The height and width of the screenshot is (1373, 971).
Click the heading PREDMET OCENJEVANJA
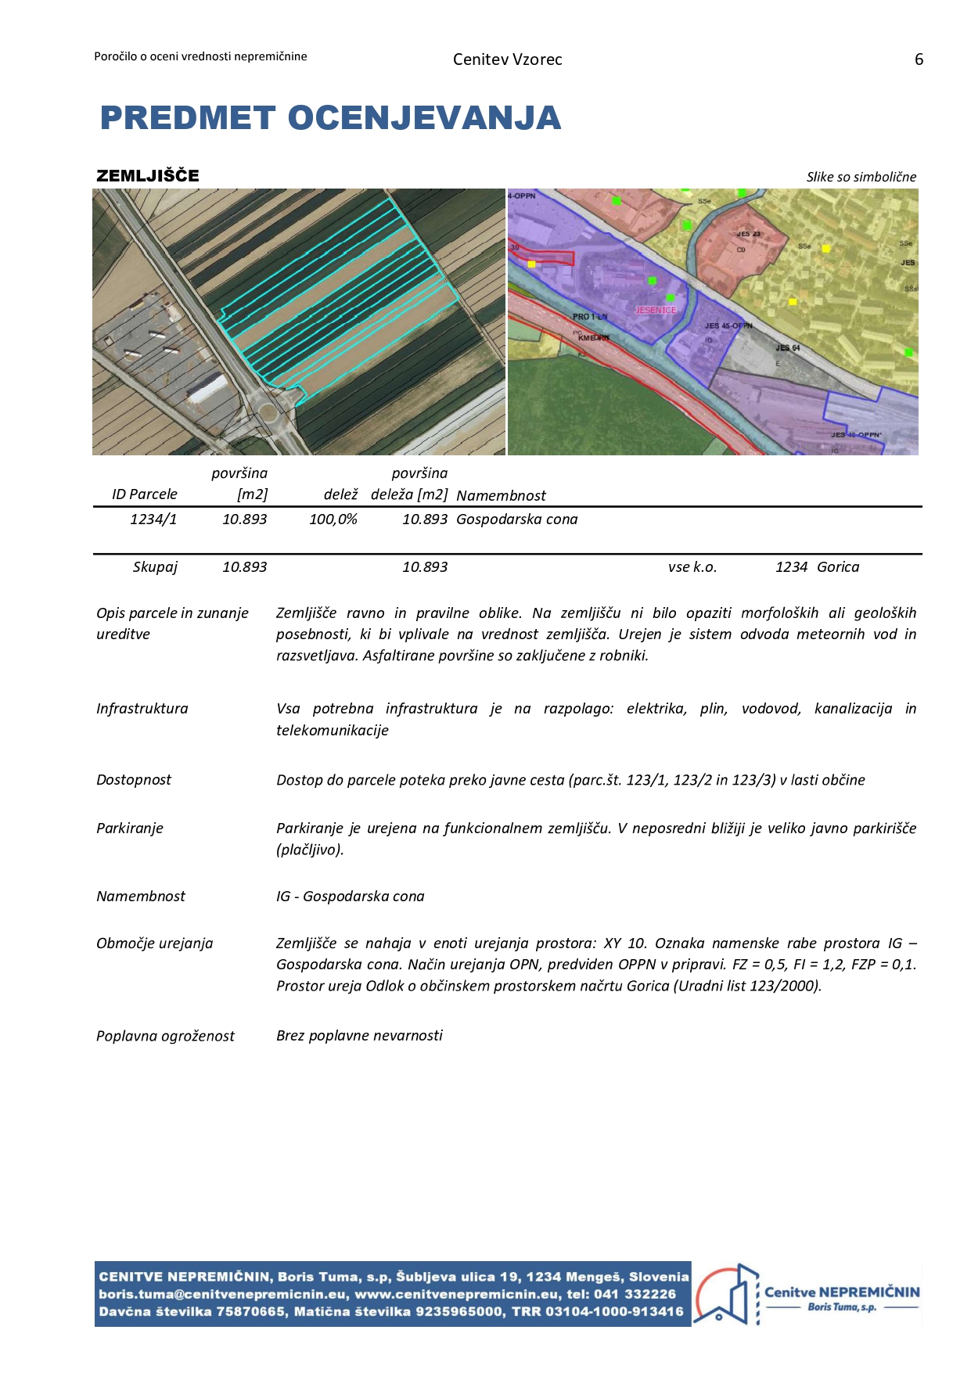click(330, 118)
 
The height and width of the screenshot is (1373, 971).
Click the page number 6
click(919, 59)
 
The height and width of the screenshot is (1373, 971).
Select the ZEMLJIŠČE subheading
click(148, 175)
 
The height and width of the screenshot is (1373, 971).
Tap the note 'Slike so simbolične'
click(861, 177)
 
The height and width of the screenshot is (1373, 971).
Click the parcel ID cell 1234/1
click(153, 519)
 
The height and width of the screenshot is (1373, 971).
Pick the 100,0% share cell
click(333, 519)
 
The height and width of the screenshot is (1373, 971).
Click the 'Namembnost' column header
click(501, 495)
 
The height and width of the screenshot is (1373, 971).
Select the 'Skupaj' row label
click(155, 567)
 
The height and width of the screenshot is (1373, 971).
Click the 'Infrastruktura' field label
click(142, 709)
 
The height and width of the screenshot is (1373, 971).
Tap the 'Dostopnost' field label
click(133, 780)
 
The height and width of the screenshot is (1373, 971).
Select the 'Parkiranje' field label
click(129, 828)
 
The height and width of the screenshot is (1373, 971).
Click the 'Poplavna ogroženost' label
click(165, 1037)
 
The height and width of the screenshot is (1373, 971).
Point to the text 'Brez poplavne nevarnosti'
click(359, 1036)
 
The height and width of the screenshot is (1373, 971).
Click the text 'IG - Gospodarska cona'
click(350, 897)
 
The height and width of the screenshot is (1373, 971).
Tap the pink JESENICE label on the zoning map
click(655, 310)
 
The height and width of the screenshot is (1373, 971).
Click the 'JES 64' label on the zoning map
click(787, 347)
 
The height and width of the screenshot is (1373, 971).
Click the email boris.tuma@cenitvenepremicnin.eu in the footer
click(222, 1294)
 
